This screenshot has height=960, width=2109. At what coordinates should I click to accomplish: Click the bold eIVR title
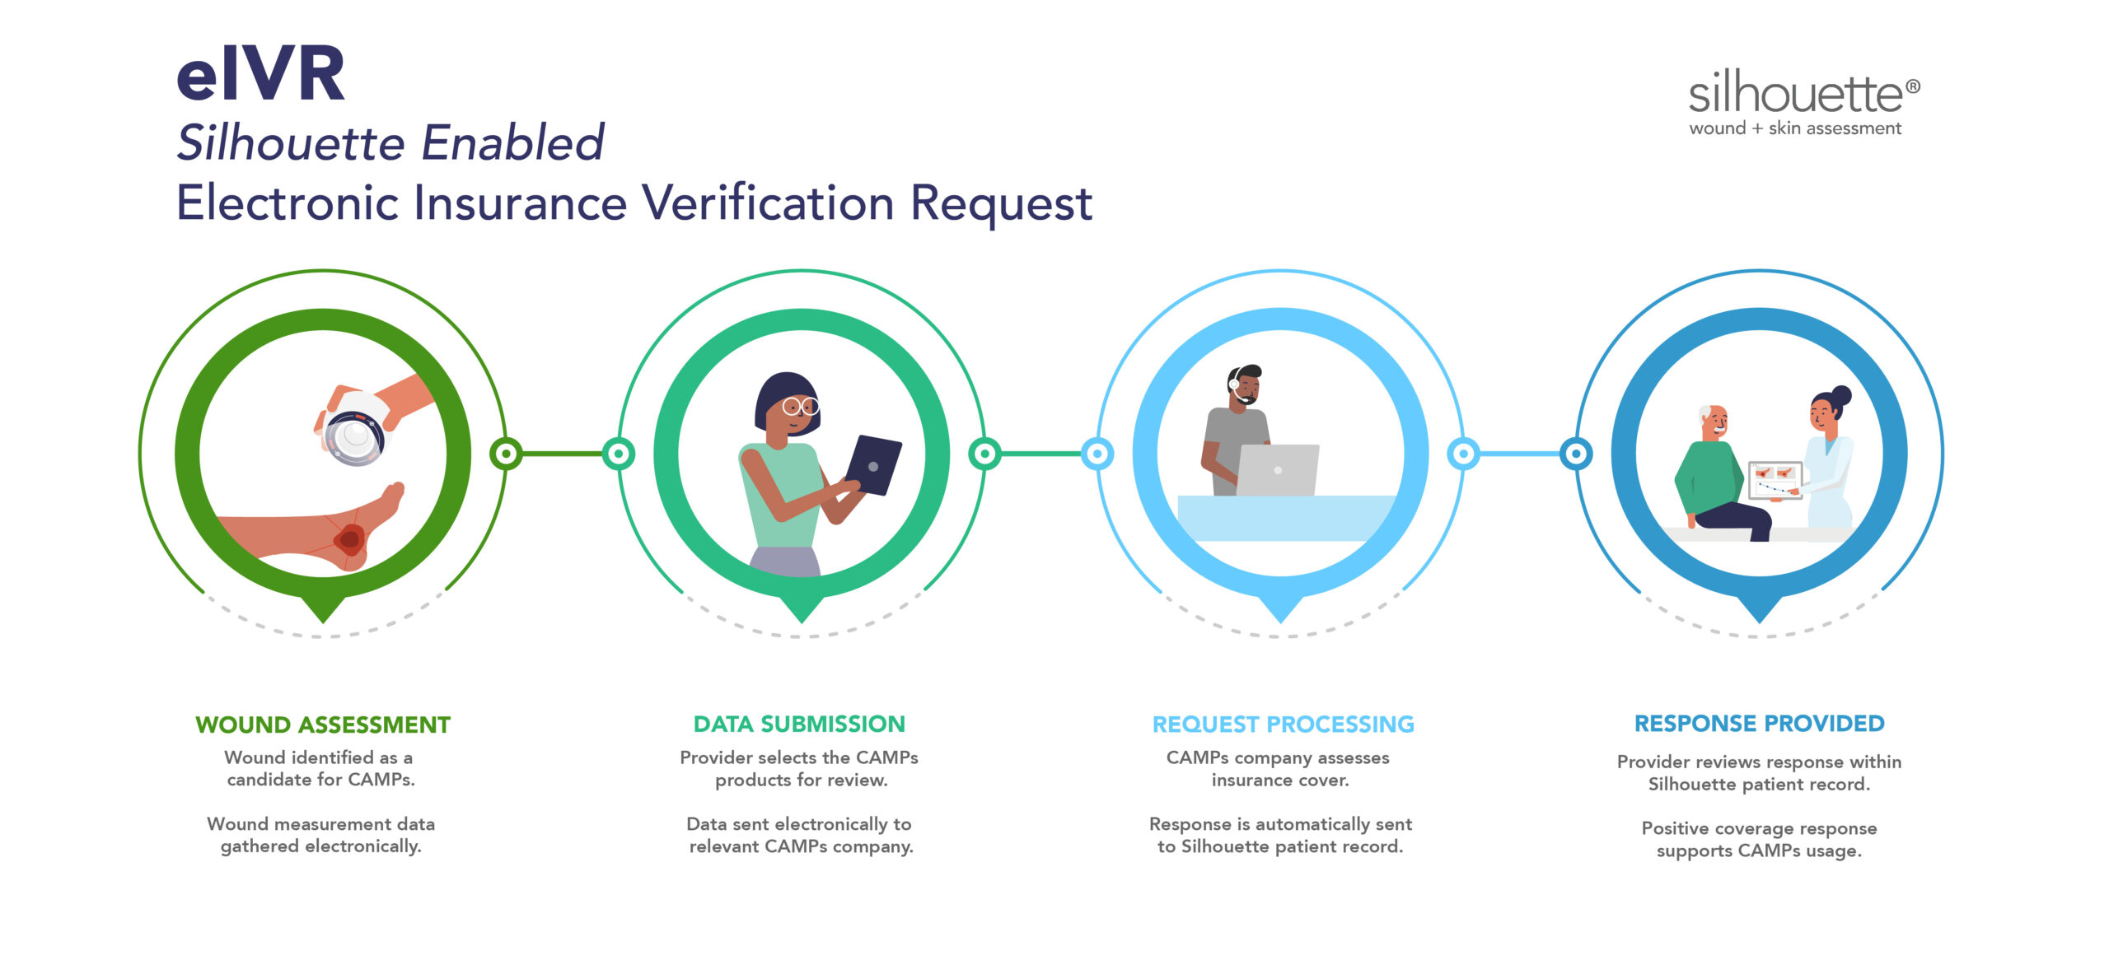click(x=260, y=74)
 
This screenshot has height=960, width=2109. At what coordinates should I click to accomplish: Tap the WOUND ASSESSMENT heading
click(x=323, y=725)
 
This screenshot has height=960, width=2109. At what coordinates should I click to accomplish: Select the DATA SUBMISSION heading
click(x=799, y=724)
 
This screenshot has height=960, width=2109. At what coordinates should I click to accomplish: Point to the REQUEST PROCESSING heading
click(x=1283, y=725)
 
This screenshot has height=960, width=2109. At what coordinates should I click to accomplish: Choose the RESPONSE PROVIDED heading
click(x=1760, y=723)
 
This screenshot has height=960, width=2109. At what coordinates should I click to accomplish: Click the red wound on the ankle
click(x=349, y=539)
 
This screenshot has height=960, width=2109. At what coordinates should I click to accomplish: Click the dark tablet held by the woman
click(x=873, y=465)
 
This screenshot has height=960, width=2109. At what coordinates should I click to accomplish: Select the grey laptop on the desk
click(x=1277, y=469)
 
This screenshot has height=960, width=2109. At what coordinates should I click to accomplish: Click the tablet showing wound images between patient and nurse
click(x=1775, y=481)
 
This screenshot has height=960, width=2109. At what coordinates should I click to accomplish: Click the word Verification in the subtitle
click(x=768, y=203)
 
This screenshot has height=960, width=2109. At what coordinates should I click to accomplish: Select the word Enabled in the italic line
click(x=513, y=142)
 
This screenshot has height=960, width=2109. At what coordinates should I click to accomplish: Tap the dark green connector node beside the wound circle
click(x=506, y=454)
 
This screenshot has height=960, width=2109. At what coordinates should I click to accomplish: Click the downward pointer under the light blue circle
click(x=1281, y=608)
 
